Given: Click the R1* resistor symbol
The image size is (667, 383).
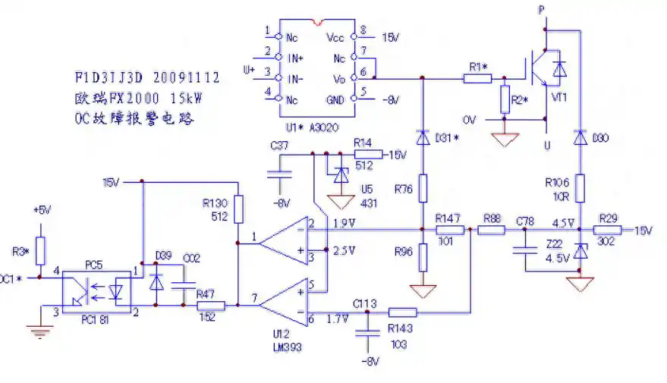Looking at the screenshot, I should (478, 77).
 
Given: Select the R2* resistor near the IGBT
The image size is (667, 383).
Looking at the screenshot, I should (505, 99).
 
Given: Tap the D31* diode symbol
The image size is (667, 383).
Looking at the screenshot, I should (423, 138).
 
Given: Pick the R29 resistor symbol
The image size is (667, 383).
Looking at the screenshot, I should (609, 230).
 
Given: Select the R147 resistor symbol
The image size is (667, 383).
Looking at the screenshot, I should (450, 230).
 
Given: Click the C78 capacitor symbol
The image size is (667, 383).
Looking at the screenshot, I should (522, 250).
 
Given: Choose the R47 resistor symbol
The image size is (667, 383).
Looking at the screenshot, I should (211, 306).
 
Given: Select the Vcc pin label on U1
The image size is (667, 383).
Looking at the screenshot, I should (335, 36).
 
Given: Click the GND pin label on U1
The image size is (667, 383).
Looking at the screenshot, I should (335, 99).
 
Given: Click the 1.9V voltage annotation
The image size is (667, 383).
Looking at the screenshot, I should (345, 223).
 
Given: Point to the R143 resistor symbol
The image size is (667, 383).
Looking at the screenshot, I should (402, 312).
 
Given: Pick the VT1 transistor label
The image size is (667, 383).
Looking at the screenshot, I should (558, 98).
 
